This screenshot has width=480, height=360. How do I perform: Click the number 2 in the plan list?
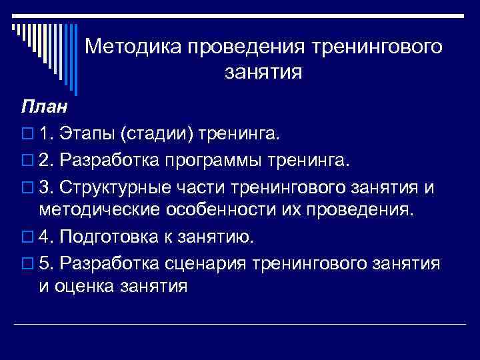(x=45, y=161)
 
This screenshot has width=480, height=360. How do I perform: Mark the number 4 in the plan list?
(x=45, y=237)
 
